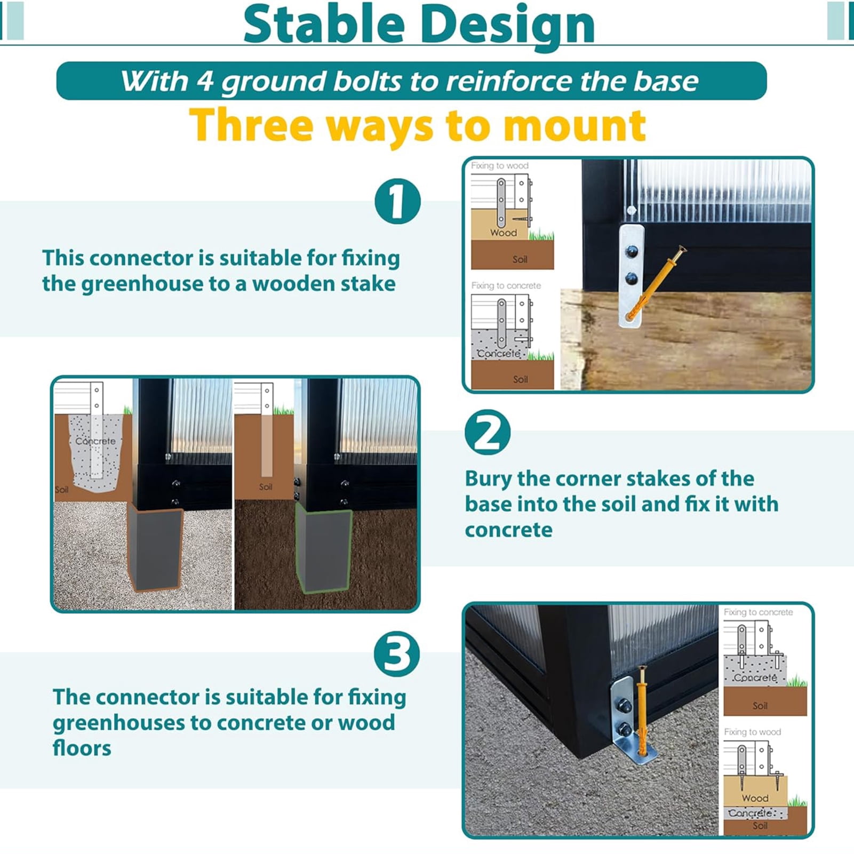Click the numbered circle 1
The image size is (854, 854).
[397, 202]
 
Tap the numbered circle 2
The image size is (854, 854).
[487, 432]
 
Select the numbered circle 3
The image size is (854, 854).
[396, 654]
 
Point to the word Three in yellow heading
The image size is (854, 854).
[251, 126]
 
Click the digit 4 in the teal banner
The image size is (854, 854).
[204, 81]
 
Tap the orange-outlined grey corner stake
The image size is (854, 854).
[155, 546]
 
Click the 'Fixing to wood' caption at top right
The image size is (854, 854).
[499, 166]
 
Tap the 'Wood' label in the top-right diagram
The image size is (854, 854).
[504, 233]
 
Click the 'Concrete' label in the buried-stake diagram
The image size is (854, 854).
[95, 441]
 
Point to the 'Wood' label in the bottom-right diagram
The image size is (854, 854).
[755, 799]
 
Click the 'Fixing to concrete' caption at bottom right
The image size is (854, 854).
[758, 612]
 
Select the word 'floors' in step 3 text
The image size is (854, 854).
[82, 748]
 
